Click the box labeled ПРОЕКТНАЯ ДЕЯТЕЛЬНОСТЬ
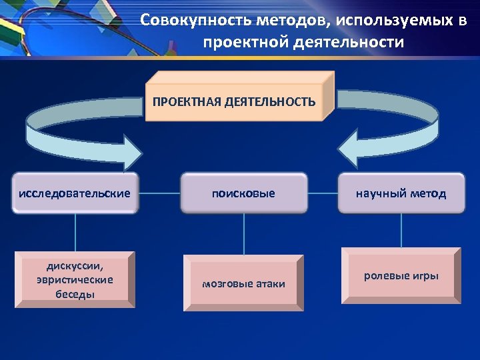[234, 102]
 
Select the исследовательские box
[75, 193]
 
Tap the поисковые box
[243, 193]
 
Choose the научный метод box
[401, 193]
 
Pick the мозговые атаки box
[243, 284]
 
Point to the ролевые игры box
[401, 276]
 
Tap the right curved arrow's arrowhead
[349, 148]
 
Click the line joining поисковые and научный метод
[323, 194]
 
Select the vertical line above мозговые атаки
[244, 234]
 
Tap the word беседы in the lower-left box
[75, 294]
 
